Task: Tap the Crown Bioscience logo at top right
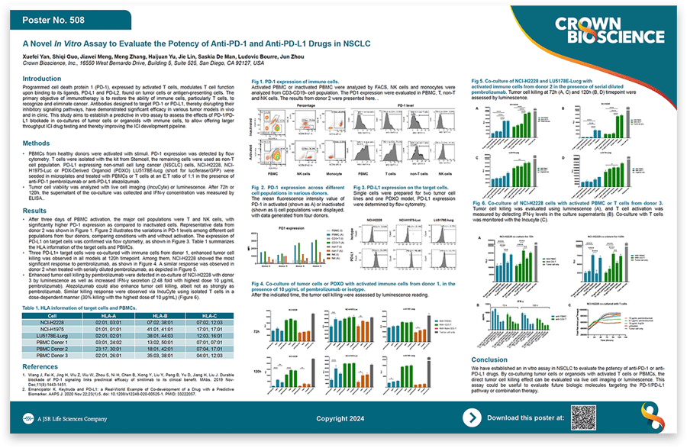click(x=595, y=32)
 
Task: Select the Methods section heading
click(x=37, y=143)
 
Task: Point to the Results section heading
click(x=34, y=211)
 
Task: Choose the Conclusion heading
click(x=489, y=359)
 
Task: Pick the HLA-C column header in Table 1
click(x=210, y=315)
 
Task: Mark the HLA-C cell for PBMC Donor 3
click(x=210, y=355)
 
